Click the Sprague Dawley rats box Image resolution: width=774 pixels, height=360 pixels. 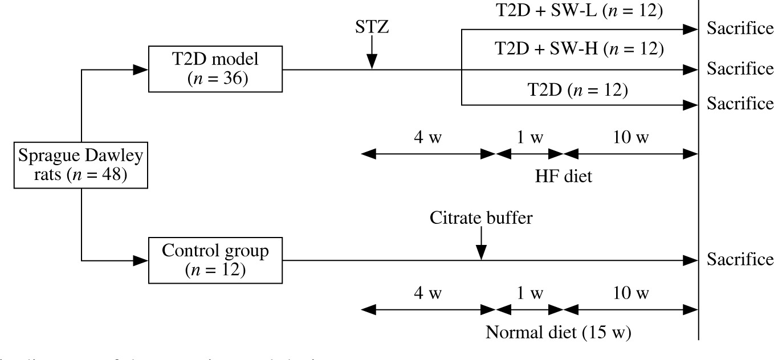click(x=82, y=165)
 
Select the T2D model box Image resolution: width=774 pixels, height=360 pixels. click(x=217, y=69)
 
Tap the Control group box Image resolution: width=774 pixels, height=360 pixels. click(x=217, y=260)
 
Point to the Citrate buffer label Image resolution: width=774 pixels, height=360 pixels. click(x=482, y=218)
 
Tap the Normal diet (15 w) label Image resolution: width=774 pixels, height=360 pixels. click(x=558, y=332)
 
